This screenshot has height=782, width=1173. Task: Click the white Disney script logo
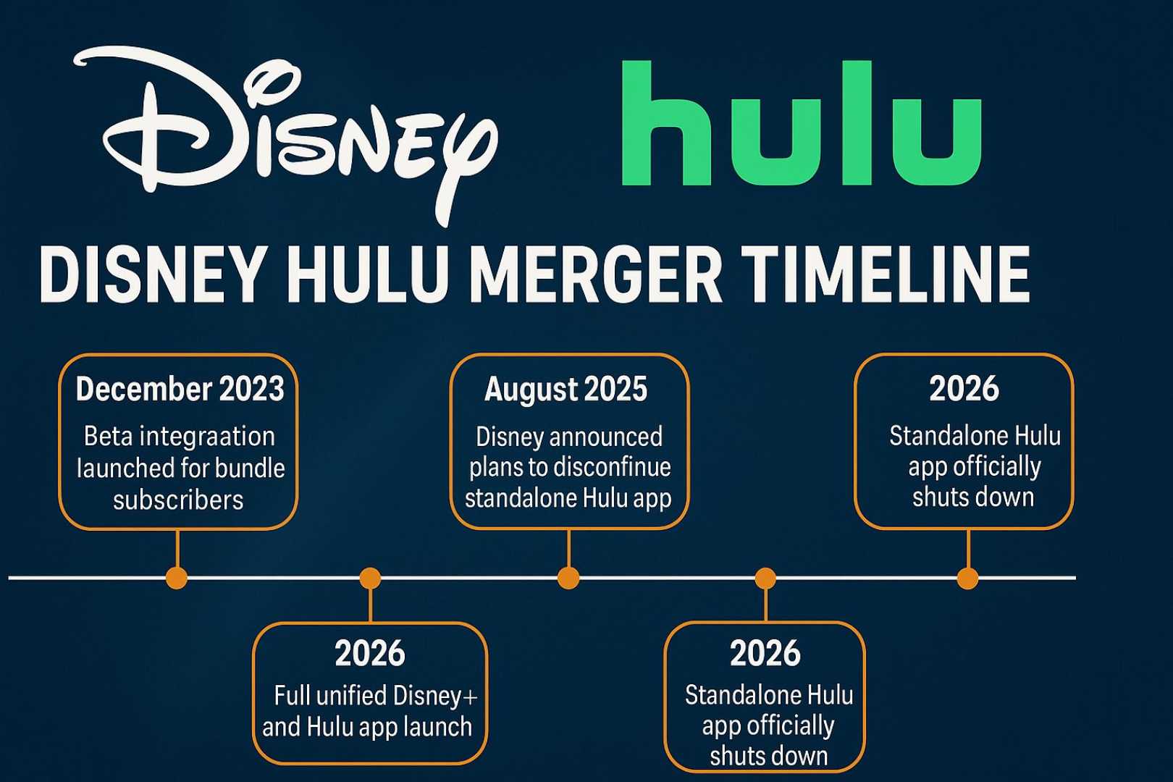click(285, 131)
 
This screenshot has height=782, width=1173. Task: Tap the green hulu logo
click(802, 122)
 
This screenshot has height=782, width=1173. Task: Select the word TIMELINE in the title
click(885, 275)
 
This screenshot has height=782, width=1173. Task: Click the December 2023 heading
click(180, 389)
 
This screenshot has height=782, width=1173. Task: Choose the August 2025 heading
click(566, 389)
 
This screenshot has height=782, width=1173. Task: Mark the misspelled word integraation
click(208, 437)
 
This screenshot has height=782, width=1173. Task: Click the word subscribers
click(178, 500)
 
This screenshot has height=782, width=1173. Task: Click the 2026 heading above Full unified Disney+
click(370, 653)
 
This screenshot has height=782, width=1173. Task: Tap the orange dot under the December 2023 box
click(177, 579)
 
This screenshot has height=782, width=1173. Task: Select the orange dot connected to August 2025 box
click(568, 579)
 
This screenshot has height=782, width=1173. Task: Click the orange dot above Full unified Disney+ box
click(370, 579)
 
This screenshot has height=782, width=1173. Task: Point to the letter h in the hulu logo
click(666, 122)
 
